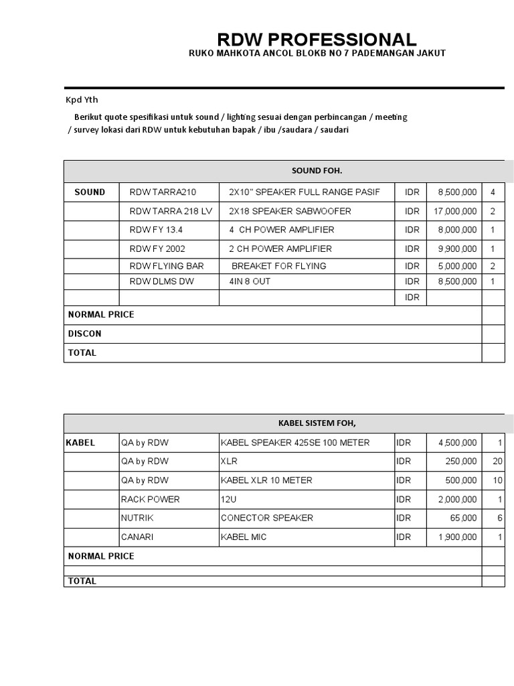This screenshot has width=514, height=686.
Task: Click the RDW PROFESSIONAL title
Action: pyautogui.click(x=317, y=40)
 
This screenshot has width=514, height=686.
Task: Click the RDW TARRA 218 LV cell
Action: pyautogui.click(x=171, y=211)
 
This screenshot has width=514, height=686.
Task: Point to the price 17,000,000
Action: pyautogui.click(x=455, y=211)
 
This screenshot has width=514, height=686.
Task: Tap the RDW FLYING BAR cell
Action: pyautogui.click(x=167, y=266)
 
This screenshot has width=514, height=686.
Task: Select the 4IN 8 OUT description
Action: pyautogui.click(x=250, y=281)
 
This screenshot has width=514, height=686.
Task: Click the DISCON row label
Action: pyautogui.click(x=85, y=334)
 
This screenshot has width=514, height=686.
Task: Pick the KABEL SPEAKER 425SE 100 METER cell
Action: pyautogui.click(x=295, y=443)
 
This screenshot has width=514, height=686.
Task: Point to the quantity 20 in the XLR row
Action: pyautogui.click(x=497, y=462)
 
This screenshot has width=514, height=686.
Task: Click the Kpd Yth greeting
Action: pyautogui.click(x=81, y=100)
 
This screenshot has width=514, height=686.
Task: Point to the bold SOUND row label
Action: pyautogui.click(x=90, y=192)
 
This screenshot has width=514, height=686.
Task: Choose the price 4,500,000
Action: pyautogui.click(x=458, y=443)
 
